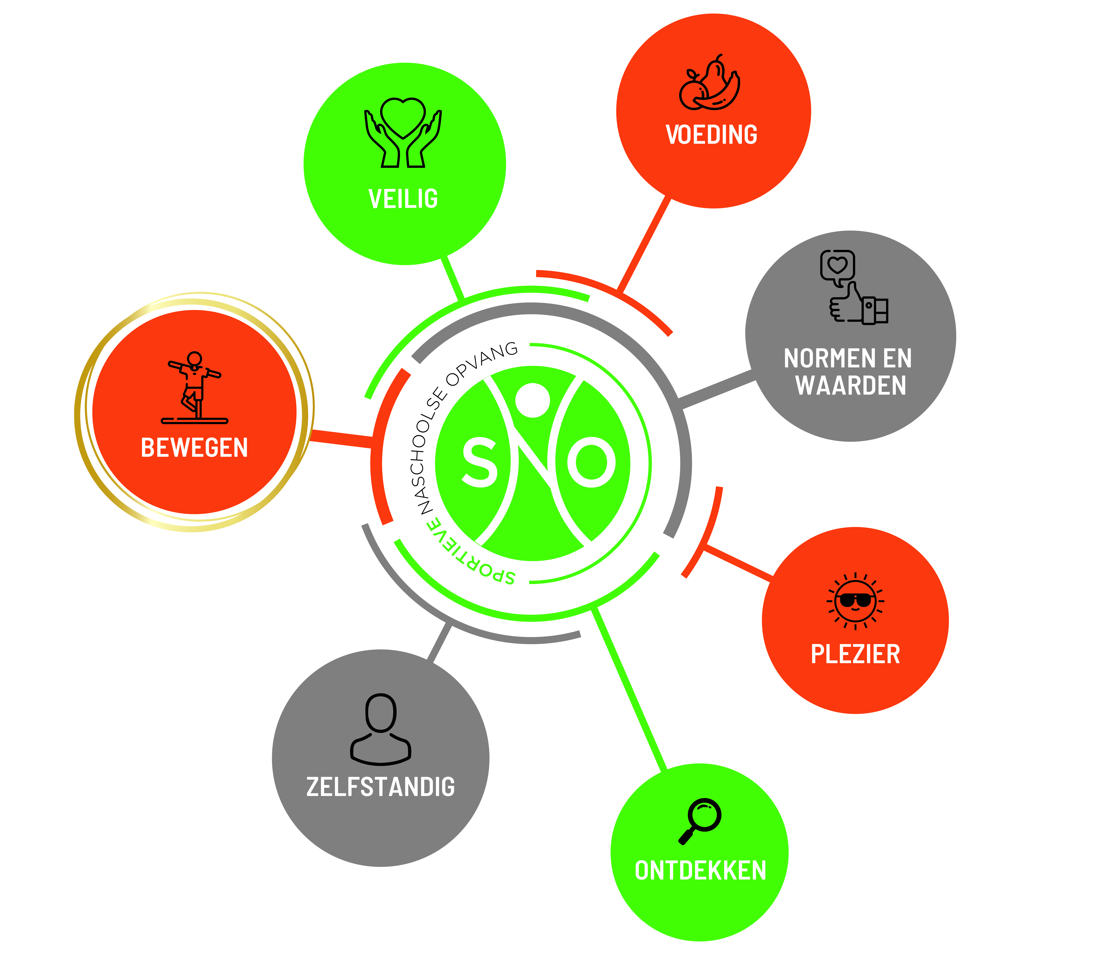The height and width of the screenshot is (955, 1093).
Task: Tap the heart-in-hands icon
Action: [x=403, y=133]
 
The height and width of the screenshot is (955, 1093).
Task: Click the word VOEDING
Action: [x=711, y=134]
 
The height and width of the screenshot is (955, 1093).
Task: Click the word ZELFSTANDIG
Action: [x=381, y=787]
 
